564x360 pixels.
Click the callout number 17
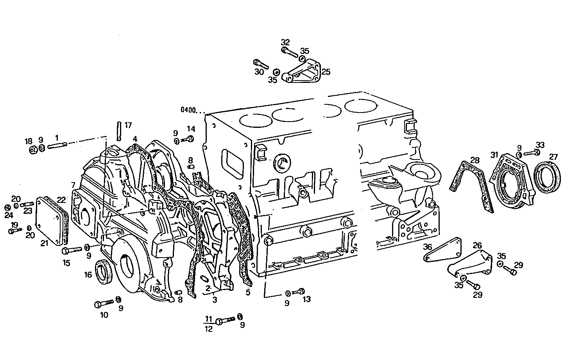pos(128,125)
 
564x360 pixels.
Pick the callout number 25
pos(326,72)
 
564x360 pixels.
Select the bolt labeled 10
pos(103,303)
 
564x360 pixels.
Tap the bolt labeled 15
pos(72,249)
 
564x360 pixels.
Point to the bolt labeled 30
pos(261,63)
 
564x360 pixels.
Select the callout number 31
pos(495,155)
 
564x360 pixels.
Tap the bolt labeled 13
pos(301,291)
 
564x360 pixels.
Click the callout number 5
pos(247,292)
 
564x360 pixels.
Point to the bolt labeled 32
pos(289,51)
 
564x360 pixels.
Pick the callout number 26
pos(477,245)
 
